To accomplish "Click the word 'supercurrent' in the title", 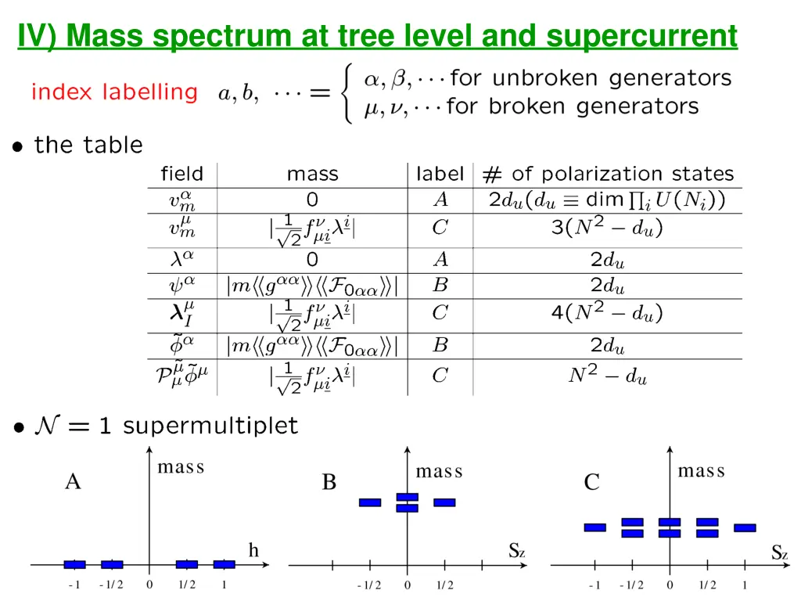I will click(x=641, y=36).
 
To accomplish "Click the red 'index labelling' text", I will click(x=114, y=92).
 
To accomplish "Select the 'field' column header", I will click(x=181, y=174).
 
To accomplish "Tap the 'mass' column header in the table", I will click(x=312, y=174).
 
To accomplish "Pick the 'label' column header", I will click(x=440, y=174).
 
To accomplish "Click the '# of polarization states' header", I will click(x=608, y=174).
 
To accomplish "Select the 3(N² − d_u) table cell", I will click(x=607, y=229).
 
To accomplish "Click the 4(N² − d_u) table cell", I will click(x=607, y=314).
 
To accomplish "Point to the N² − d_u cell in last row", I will click(x=607, y=376).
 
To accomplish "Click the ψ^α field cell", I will click(x=181, y=285).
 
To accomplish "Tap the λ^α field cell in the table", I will click(x=181, y=259).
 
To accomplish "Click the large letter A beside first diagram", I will click(x=73, y=482).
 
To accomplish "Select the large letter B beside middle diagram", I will click(x=329, y=482).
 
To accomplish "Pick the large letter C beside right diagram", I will click(x=591, y=482).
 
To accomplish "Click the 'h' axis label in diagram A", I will click(x=253, y=551).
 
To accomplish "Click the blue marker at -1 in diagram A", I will click(x=75, y=564).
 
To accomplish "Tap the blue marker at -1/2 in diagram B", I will click(x=370, y=502).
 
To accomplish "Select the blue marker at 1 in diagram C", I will click(x=745, y=527).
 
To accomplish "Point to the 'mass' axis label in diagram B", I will click(x=439, y=471).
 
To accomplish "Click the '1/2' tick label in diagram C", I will click(x=707, y=585).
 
